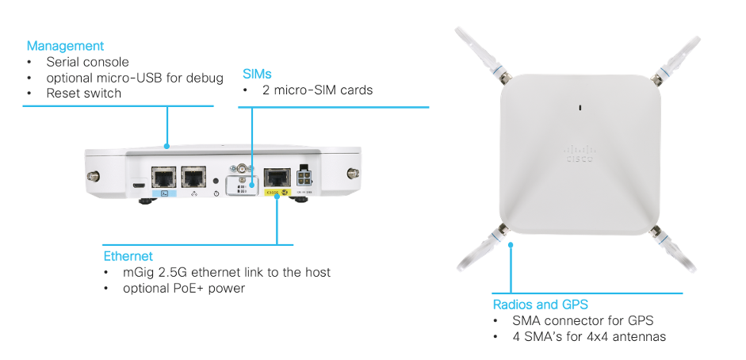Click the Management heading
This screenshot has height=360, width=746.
(65, 46)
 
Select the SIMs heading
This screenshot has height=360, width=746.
(257, 74)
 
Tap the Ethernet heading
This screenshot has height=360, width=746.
(128, 256)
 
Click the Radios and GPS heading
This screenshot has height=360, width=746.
(540, 304)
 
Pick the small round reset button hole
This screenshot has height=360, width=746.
(216, 180)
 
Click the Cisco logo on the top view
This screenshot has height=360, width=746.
(579, 155)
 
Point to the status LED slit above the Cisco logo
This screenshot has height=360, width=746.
(580, 107)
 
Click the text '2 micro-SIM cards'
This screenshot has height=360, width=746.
(317, 90)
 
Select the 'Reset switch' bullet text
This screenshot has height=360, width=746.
(84, 94)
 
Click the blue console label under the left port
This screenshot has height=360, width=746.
(164, 193)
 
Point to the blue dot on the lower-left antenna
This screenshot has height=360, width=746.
(511, 243)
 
